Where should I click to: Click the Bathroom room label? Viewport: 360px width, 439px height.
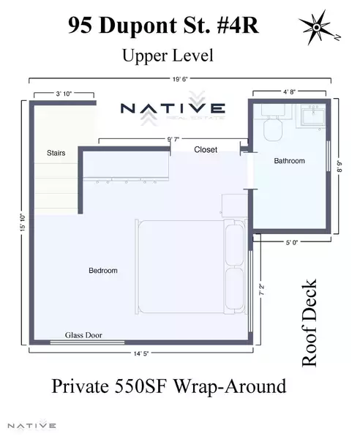[x=289, y=160]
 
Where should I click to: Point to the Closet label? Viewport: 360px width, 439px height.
[x=206, y=149]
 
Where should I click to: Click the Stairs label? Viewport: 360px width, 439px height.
[x=56, y=153]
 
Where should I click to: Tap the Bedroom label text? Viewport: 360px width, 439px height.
[x=102, y=271]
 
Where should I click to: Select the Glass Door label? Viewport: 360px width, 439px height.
[x=83, y=335]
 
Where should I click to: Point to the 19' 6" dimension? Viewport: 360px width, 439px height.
[x=181, y=78]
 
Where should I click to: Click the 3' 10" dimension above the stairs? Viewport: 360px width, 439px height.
[x=64, y=94]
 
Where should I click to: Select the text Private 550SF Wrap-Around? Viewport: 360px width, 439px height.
[x=168, y=386]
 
